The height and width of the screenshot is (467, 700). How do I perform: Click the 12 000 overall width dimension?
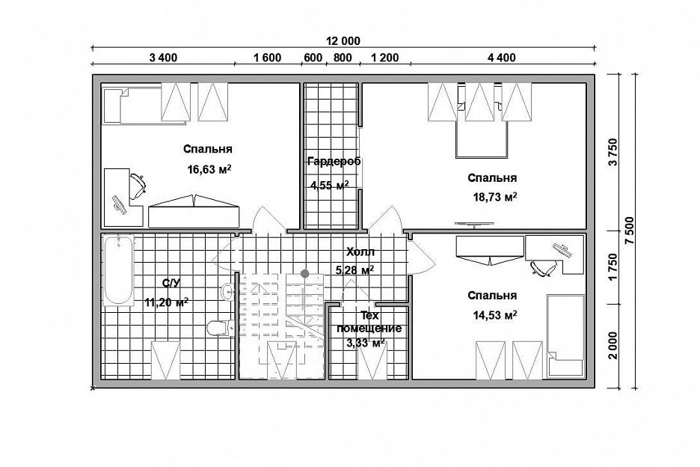point(343,41)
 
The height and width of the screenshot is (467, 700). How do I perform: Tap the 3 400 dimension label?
point(163,58)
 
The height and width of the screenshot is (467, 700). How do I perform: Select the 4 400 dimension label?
point(501,58)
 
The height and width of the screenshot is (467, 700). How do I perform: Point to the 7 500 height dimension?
point(630,231)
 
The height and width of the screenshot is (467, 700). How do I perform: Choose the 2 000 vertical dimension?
point(613,345)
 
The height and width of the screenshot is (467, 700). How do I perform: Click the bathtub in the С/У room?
point(118,271)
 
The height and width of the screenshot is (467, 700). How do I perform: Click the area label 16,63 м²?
point(209,169)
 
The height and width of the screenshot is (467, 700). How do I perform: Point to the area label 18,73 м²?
point(494,197)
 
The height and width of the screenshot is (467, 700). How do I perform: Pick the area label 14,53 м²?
point(494,316)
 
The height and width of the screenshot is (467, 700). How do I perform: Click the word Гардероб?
point(334,162)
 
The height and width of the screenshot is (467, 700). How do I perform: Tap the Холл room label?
point(360,252)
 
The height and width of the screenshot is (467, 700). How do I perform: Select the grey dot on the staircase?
point(305,273)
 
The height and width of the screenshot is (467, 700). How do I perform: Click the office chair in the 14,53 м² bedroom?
point(543,267)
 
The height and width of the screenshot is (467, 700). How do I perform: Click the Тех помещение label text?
point(369,323)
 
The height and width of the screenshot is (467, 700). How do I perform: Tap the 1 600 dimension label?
point(268,58)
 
